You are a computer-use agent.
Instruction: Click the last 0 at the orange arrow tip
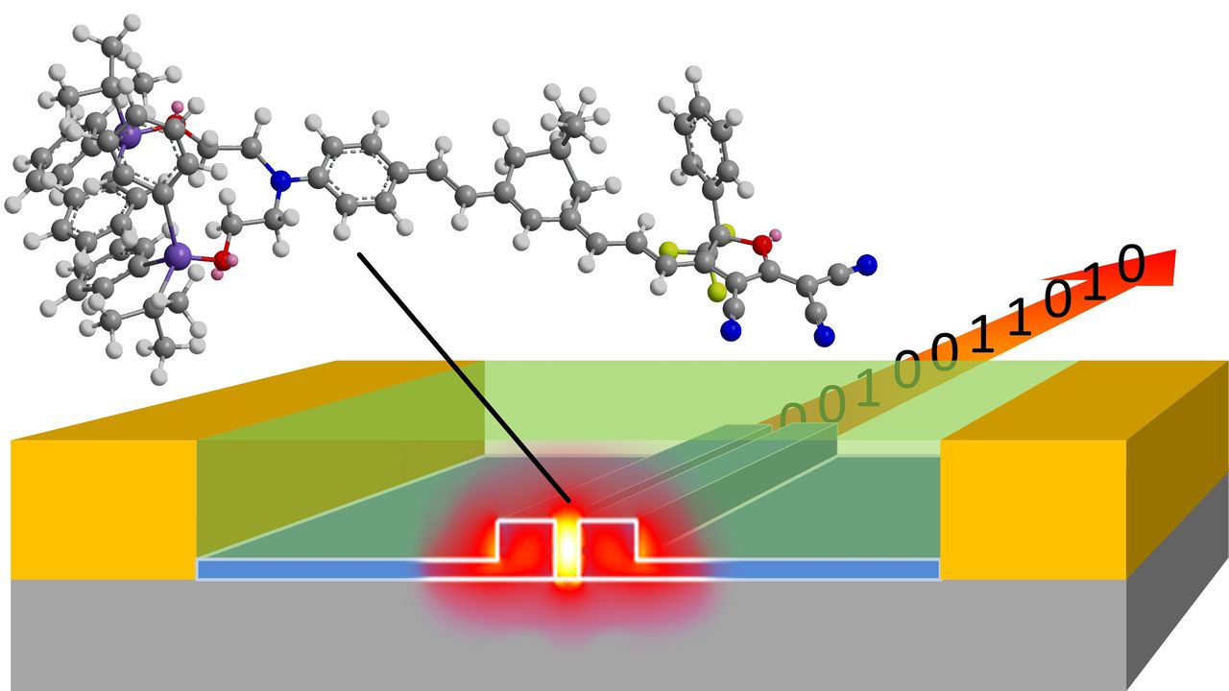[1131, 264]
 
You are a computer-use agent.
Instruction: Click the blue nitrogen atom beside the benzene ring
[280, 179]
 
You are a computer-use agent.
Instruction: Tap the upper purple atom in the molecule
[128, 137]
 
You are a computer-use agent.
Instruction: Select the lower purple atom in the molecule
[176, 255]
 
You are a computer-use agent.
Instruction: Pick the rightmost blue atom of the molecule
[867, 263]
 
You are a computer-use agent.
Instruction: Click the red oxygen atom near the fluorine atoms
[761, 246]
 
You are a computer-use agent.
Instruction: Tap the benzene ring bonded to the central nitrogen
[361, 177]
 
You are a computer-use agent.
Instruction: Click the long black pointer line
[461, 374]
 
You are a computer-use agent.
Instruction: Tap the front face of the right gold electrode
[1032, 509]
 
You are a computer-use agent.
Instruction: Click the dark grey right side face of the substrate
[1176, 585]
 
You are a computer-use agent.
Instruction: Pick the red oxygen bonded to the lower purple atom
[223, 259]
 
